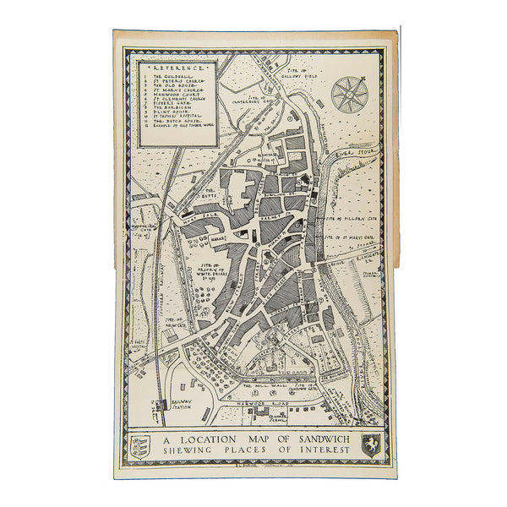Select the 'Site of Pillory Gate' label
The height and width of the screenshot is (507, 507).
coord(348,218)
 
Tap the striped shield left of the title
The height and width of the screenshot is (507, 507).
coord(141,445)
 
